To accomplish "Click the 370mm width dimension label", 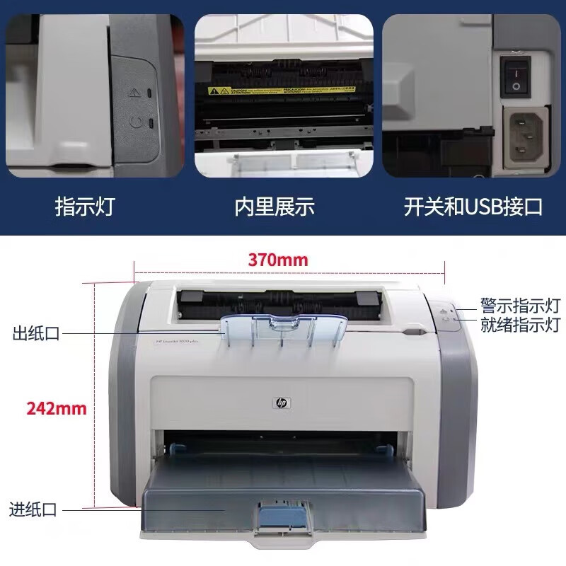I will [x=277, y=260].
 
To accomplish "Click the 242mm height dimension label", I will [x=57, y=408].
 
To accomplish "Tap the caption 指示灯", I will [x=84, y=207].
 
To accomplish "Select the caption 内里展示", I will [x=275, y=207].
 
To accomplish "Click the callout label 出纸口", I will [x=36, y=333].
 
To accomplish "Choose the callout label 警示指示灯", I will [x=520, y=306].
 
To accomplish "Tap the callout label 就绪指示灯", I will [x=520, y=326].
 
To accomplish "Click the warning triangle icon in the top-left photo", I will [x=134, y=91].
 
